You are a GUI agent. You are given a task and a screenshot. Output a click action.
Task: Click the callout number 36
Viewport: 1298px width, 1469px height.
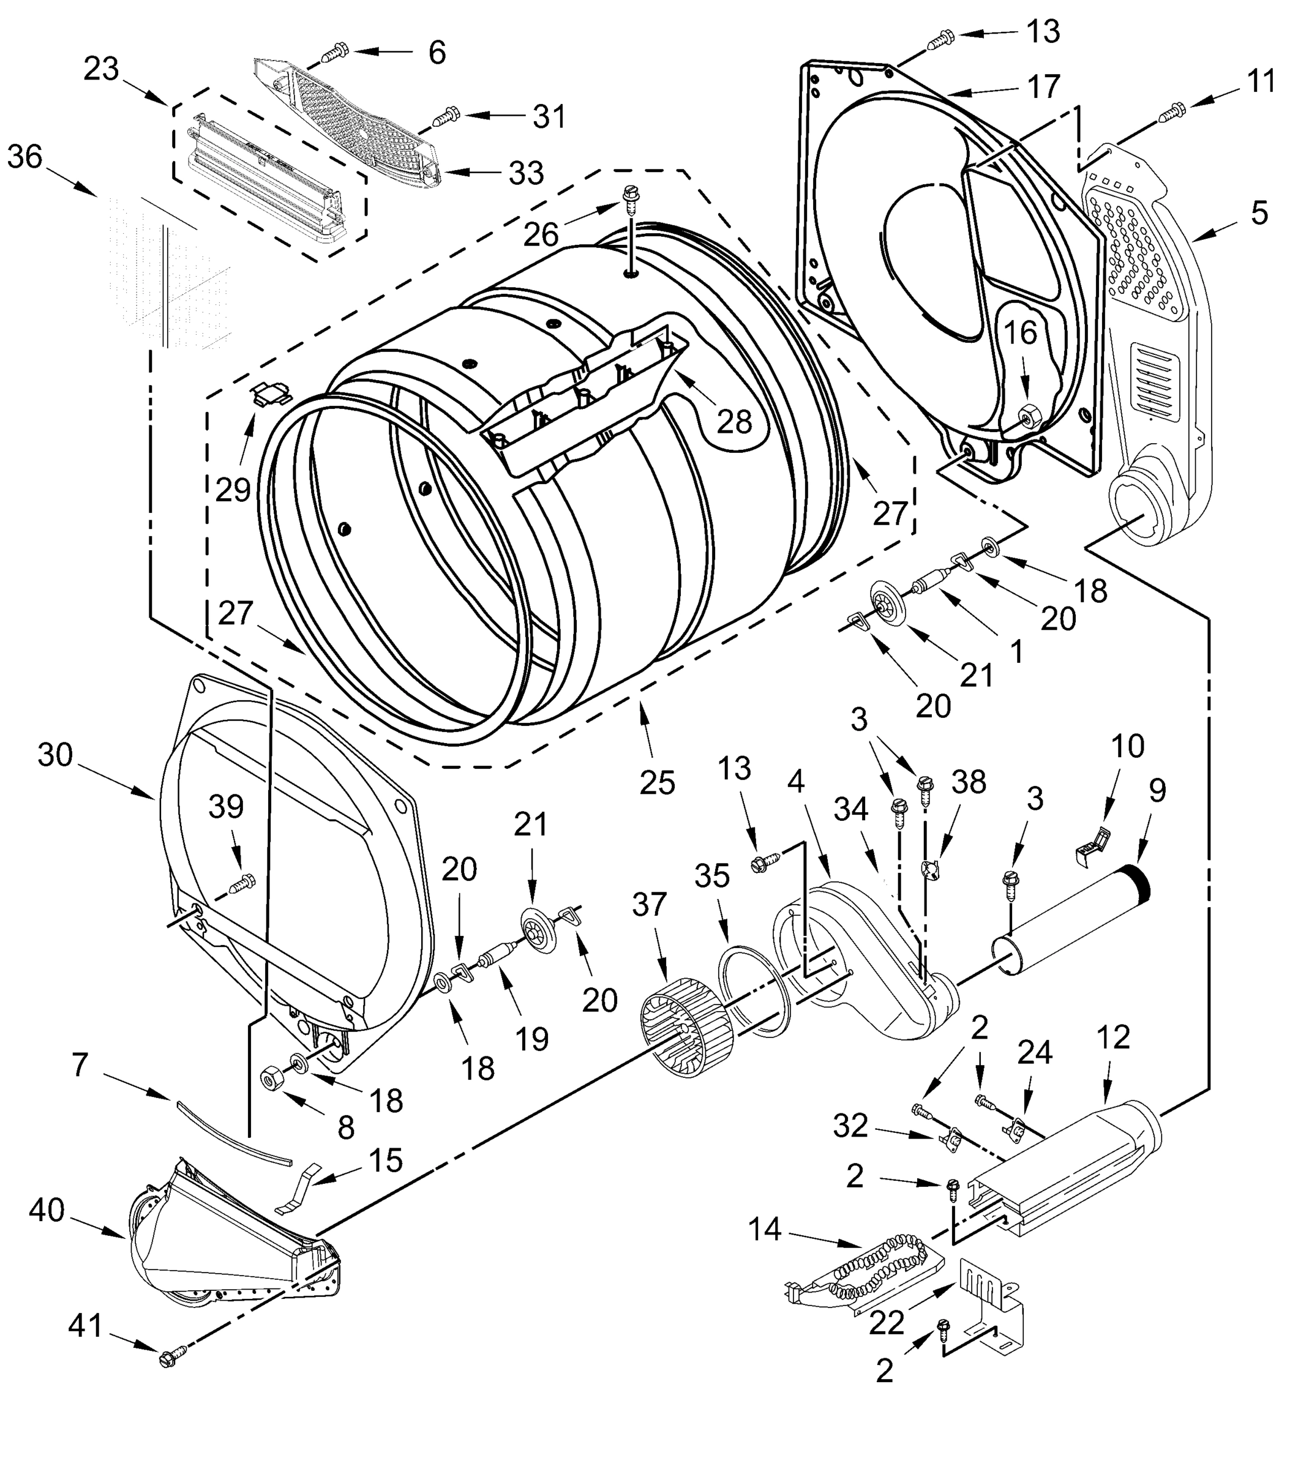coord(25,157)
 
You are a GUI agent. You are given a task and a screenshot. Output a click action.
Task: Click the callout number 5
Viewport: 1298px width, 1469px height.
coord(1259,214)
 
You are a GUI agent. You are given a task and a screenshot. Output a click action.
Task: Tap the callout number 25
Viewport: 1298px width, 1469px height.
coord(657,783)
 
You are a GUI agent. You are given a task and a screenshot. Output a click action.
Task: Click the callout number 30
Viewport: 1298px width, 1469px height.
coord(55,755)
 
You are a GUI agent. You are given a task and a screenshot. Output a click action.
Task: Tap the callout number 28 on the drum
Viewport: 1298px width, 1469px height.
coord(734,422)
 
